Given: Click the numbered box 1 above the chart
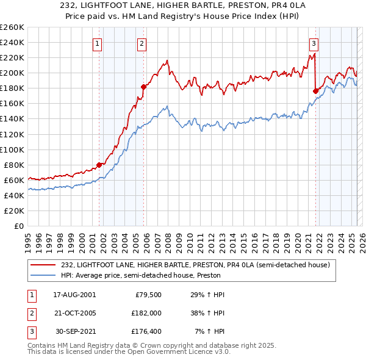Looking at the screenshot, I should coord(98,43).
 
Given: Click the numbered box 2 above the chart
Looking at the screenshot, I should coord(142,43).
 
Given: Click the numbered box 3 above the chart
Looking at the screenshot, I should coord(314,43).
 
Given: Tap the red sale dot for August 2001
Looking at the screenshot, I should coord(99,165).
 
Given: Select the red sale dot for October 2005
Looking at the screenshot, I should coord(143,87).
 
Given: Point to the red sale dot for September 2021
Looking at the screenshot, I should coord(315,91).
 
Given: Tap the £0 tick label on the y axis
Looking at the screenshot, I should coord(18,226).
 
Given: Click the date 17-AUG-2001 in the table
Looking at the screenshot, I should coord(74,294).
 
